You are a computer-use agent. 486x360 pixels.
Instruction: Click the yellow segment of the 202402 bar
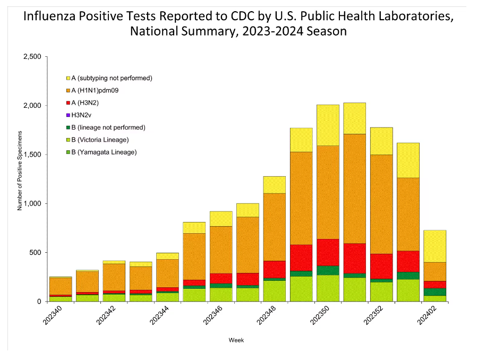click(434, 246)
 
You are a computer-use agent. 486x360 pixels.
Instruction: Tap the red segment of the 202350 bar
click(328, 252)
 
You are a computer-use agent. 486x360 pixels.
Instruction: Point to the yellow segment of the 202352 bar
click(381, 141)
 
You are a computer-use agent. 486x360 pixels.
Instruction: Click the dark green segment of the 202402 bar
click(434, 292)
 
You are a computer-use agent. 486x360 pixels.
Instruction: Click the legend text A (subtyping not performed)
click(112, 78)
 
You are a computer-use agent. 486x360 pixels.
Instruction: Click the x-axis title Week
click(236, 340)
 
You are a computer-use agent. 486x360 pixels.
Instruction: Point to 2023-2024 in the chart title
click(271, 31)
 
